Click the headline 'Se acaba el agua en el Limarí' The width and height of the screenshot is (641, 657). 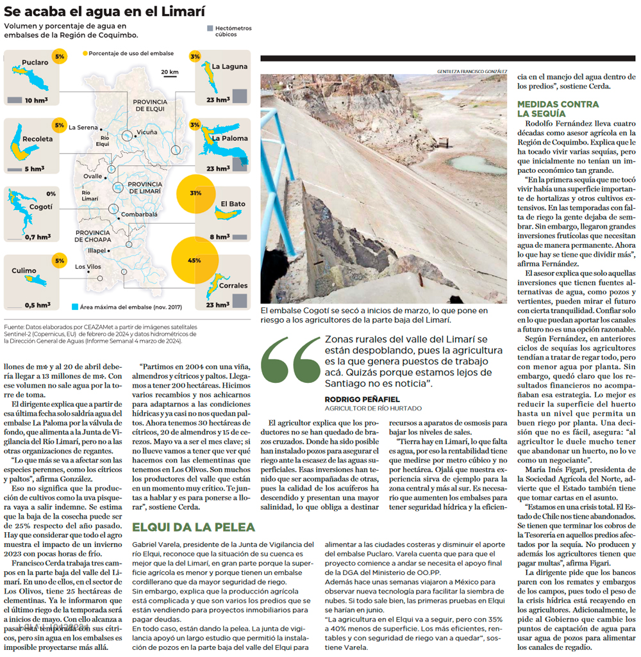pyautogui.click(x=104, y=11)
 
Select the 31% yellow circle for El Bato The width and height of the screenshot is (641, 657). pyautogui.click(x=196, y=193)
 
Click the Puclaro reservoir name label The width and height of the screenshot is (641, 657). pyautogui.click(x=35, y=63)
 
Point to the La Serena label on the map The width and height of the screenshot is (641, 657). pyautogui.click(x=83, y=127)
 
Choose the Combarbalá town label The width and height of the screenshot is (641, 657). pyautogui.click(x=139, y=215)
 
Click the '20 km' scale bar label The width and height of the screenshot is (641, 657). pyautogui.click(x=170, y=72)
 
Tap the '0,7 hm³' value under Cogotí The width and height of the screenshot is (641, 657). pyautogui.click(x=38, y=237)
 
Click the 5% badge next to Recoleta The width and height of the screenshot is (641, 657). pyautogui.click(x=60, y=125)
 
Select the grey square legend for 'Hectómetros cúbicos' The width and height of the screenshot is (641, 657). pyautogui.click(x=210, y=29)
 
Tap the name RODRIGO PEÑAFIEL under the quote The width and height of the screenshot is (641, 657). pyautogui.click(x=362, y=399)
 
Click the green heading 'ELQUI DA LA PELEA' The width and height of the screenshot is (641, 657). pyautogui.click(x=194, y=527)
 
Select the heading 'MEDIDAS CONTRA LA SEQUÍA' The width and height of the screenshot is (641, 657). pyautogui.click(x=558, y=108)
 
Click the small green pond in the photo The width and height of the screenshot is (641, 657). pyautogui.click(x=474, y=163)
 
